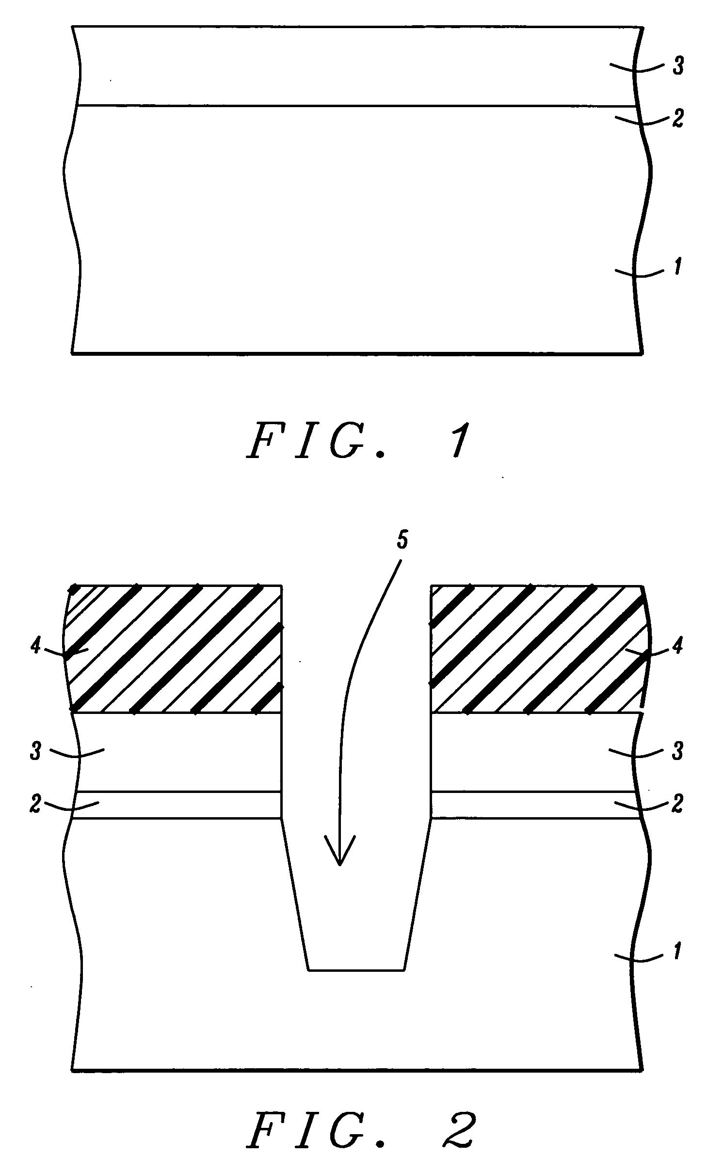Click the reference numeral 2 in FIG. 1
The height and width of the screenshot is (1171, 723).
677,118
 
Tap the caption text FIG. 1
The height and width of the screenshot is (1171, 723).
357,441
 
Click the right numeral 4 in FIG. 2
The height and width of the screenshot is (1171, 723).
677,646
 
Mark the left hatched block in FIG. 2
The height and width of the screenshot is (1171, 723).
175,649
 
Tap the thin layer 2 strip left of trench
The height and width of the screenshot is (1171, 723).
177,805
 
